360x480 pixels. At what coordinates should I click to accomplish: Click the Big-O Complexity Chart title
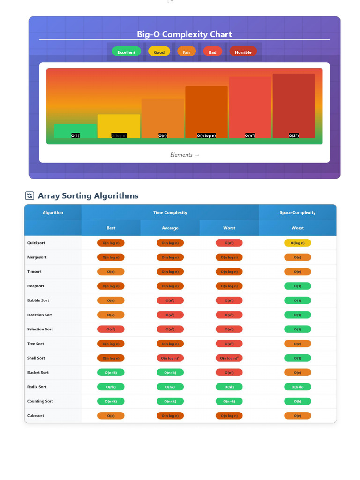click(184, 34)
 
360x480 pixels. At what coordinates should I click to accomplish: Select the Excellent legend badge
click(126, 52)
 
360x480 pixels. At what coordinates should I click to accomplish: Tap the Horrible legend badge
click(243, 52)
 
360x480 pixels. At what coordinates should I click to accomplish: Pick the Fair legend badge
click(187, 52)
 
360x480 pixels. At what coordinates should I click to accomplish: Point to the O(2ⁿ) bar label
click(293, 135)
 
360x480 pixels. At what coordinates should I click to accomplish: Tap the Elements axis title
click(184, 155)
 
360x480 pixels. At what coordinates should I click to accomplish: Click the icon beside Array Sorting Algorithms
click(30, 196)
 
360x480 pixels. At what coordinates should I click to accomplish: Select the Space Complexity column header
click(297, 213)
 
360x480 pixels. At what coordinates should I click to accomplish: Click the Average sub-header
click(170, 228)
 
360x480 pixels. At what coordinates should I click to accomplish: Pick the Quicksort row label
click(36, 243)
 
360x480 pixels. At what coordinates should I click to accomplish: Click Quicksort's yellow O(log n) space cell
click(297, 243)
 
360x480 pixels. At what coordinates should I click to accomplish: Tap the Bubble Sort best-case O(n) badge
click(111, 300)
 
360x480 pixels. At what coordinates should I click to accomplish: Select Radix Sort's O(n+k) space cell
click(297, 387)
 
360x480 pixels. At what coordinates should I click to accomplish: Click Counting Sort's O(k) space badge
click(297, 401)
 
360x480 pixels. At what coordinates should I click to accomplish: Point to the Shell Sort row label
click(36, 358)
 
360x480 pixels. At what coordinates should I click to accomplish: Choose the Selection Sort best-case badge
click(111, 329)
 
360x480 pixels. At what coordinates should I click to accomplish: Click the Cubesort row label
click(36, 416)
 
